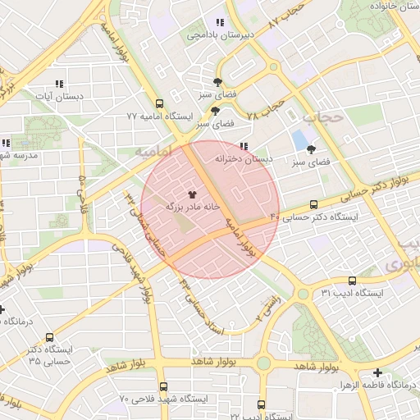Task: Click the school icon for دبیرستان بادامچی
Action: (219, 23)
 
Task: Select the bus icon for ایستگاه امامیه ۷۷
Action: (159, 104)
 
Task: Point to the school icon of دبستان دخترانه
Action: (243, 147)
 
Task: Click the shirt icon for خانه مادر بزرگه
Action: (193, 194)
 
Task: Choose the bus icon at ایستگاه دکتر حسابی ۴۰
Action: (314, 205)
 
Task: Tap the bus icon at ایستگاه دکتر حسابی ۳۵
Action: (50, 337)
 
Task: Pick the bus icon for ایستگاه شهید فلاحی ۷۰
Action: (163, 386)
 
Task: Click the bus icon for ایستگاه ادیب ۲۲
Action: (262, 404)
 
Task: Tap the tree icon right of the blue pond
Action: (311, 149)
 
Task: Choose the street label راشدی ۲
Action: (268, 309)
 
